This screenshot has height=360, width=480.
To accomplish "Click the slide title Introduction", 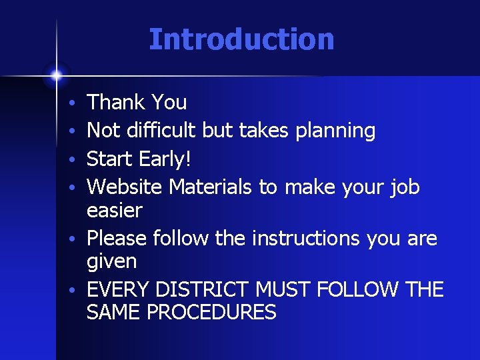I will tap(241, 39).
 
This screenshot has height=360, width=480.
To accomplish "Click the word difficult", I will tap(157, 131).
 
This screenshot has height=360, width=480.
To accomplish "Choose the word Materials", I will tap(211, 187).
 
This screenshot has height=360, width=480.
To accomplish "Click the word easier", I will tap(115, 211).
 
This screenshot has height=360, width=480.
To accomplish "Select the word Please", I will tap(117, 238).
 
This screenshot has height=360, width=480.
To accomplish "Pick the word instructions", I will tap(307, 238).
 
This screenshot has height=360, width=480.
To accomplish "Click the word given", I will tap(112, 262).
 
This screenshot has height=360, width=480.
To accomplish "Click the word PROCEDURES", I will tap(215, 313).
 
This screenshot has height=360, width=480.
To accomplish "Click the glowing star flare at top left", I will tap(57, 75).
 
